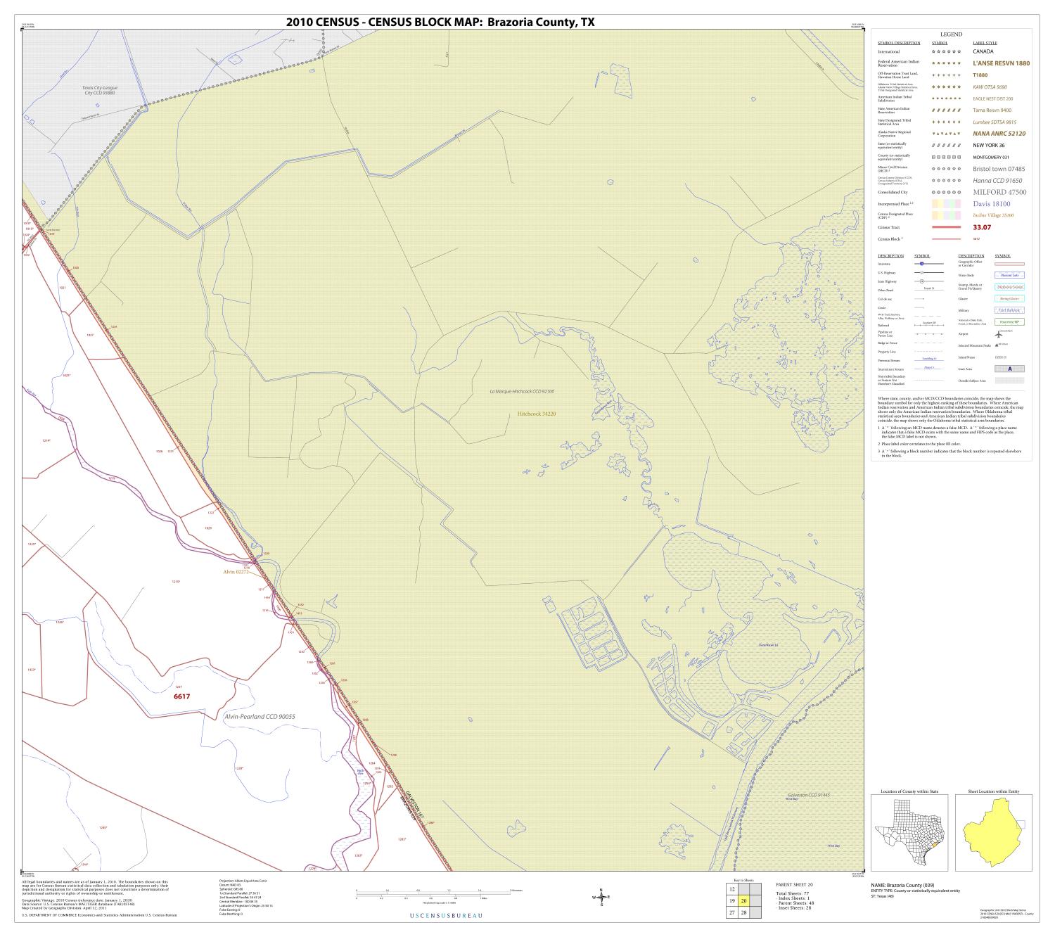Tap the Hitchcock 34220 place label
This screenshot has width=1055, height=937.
pyautogui.click(x=537, y=414)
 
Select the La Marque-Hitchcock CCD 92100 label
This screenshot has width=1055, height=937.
pyautogui.click(x=522, y=391)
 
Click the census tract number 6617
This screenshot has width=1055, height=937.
pyautogui.click(x=182, y=696)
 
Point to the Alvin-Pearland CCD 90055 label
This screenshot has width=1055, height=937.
pyautogui.click(x=260, y=716)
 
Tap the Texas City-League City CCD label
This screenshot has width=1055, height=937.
pyautogui.click(x=99, y=90)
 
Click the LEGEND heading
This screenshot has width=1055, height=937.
pyautogui.click(x=951, y=34)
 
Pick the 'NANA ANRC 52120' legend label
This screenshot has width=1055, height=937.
pyautogui.click(x=999, y=134)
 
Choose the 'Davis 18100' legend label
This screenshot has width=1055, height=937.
pyautogui.click(x=991, y=204)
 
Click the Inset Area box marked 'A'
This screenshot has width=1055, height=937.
pyautogui.click(x=1009, y=369)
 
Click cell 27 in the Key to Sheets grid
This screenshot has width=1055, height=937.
pyautogui.click(x=732, y=912)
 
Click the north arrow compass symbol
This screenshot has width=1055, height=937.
pyautogui.click(x=601, y=897)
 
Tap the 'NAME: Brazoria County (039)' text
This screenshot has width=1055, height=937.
pyautogui.click(x=907, y=885)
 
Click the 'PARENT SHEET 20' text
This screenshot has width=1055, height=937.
pyautogui.click(x=794, y=884)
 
